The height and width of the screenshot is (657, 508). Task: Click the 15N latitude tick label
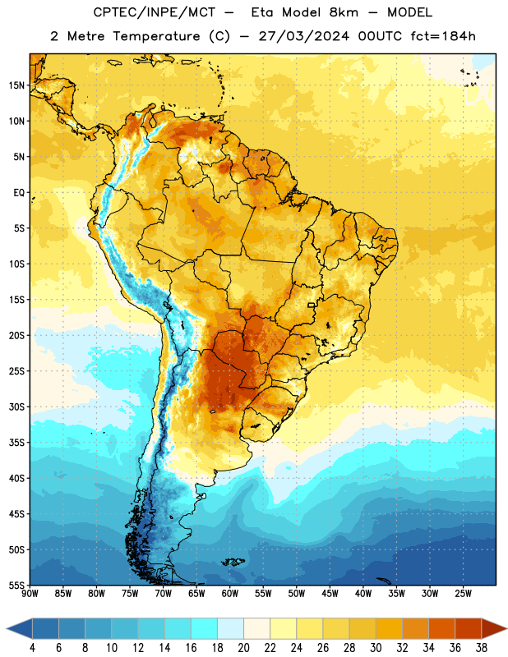[16, 85]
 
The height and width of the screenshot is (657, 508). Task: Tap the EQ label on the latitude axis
[19, 193]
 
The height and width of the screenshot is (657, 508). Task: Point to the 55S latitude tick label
[16, 585]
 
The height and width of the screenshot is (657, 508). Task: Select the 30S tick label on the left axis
[16, 407]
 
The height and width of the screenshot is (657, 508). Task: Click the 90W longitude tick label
[30, 593]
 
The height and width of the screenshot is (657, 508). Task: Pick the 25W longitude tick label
[463, 593]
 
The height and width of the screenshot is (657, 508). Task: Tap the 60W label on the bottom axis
[230, 593]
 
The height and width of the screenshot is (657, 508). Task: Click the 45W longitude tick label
[330, 593]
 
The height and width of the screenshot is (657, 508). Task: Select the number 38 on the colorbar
[482, 648]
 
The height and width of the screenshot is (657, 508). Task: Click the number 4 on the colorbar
[32, 648]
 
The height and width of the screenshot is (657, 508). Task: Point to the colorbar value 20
[243, 648]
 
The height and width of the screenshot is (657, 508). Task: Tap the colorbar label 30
[376, 648]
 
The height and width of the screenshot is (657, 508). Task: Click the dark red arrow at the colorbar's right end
[492, 629]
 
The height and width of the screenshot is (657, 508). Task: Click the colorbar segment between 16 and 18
[205, 629]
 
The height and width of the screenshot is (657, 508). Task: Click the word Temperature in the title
[156, 36]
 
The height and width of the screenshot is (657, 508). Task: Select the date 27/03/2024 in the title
[303, 36]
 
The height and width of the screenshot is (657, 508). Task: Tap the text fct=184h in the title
[443, 36]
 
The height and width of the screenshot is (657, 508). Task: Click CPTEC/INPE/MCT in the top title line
[154, 12]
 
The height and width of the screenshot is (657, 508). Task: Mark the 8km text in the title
[344, 12]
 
